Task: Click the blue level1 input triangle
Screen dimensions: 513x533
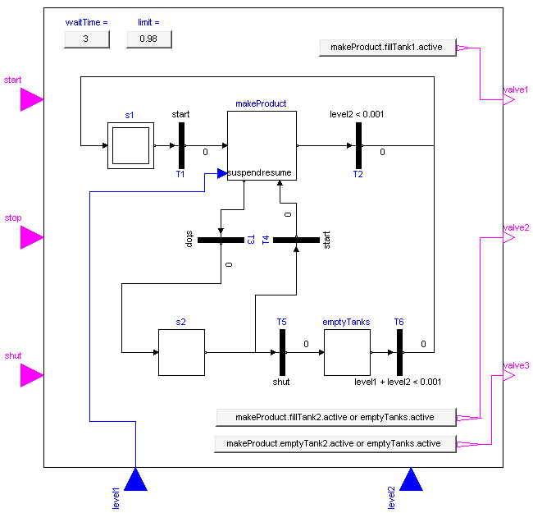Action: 135,479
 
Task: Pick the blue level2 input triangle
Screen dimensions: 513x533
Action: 411,479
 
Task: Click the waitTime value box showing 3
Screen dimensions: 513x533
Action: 86,39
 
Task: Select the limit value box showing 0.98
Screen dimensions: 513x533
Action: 148,39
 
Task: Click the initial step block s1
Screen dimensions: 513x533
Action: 130,146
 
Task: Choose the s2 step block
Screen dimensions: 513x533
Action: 181,352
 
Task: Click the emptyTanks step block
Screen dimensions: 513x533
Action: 347,352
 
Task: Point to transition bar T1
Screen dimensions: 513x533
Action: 181,146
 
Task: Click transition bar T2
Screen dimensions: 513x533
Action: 358,146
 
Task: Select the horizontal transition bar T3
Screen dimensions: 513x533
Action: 221,240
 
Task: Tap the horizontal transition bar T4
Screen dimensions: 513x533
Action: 296,240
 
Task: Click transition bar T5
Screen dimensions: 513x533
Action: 281,352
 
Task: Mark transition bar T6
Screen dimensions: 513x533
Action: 399,352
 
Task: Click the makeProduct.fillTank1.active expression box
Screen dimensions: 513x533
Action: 386,48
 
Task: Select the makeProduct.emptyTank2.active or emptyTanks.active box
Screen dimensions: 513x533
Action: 335,444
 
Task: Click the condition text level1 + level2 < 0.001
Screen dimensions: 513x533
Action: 398,382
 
